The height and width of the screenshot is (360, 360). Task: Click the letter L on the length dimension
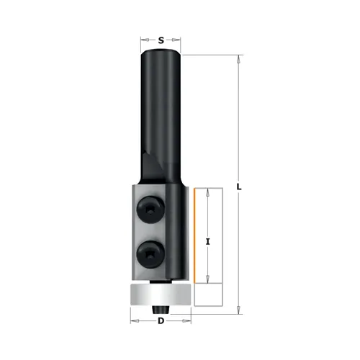click(x=239, y=186)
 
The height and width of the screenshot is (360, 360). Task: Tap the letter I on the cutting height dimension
click(x=207, y=243)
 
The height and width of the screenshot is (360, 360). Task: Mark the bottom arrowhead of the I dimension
click(x=207, y=280)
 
